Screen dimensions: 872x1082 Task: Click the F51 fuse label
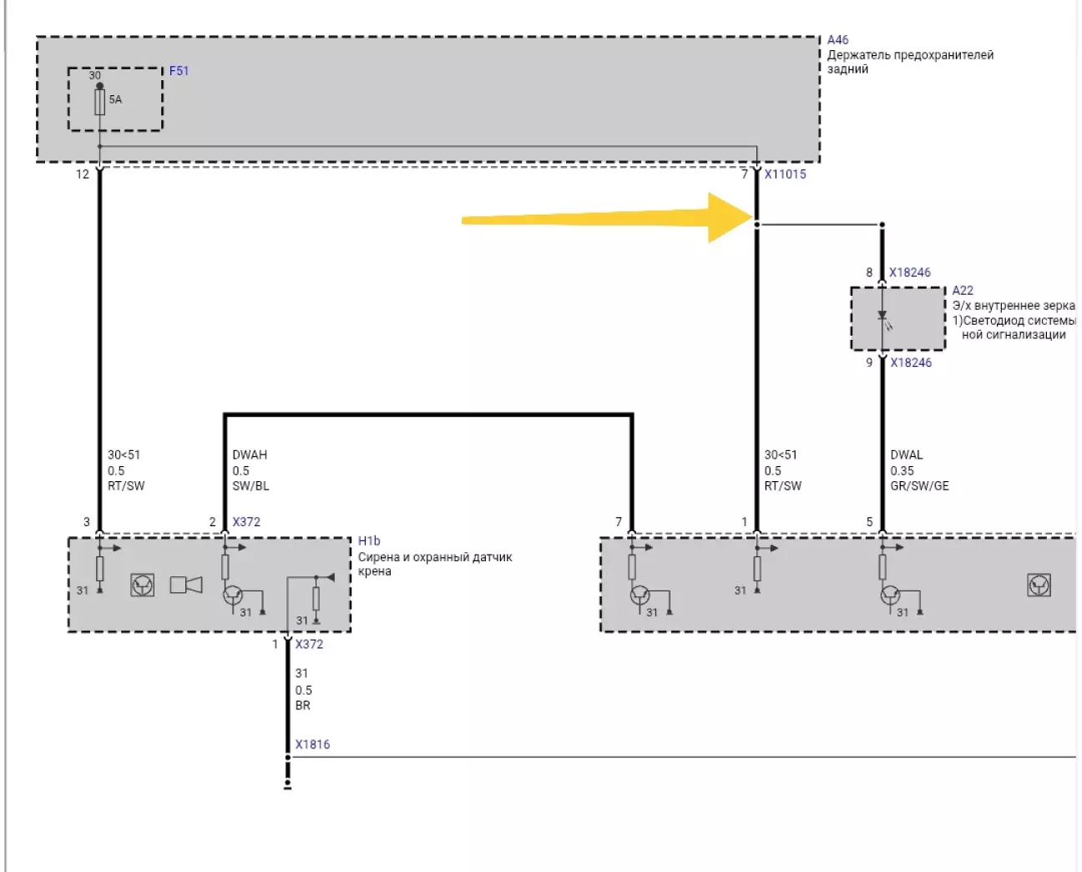(x=179, y=71)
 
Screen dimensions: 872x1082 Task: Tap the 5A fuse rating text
(x=115, y=99)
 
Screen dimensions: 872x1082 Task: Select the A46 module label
(x=837, y=40)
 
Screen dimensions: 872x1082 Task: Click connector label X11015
(x=785, y=175)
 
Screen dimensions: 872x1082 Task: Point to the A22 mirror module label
(x=963, y=291)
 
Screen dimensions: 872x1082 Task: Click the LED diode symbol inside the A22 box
(x=882, y=317)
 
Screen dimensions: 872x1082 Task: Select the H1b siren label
(x=368, y=541)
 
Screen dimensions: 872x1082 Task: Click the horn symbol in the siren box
(x=186, y=585)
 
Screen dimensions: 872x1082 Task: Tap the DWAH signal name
(x=250, y=455)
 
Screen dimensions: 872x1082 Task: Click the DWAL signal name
(x=906, y=455)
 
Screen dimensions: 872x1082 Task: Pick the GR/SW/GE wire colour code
(x=919, y=486)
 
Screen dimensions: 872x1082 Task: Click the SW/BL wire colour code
(x=250, y=486)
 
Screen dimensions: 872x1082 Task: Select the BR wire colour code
(x=302, y=706)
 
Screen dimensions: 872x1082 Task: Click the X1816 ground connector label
(x=312, y=744)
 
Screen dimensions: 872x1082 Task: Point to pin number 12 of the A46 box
(x=82, y=175)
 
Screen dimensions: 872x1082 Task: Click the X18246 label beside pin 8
(x=909, y=272)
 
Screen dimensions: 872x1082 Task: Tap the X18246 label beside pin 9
(x=910, y=362)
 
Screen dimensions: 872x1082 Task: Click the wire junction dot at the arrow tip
(x=757, y=225)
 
